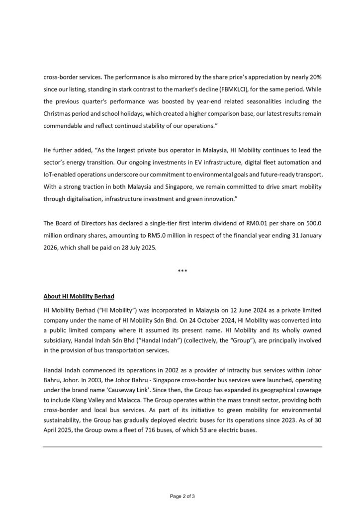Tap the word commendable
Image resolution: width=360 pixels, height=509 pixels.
tap(65, 126)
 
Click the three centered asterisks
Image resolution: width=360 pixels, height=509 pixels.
tap(182, 271)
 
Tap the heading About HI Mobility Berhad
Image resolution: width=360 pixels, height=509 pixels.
tap(79, 296)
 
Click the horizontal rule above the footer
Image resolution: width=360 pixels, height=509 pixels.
tap(182, 447)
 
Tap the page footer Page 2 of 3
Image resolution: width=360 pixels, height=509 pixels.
tap(182, 496)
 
